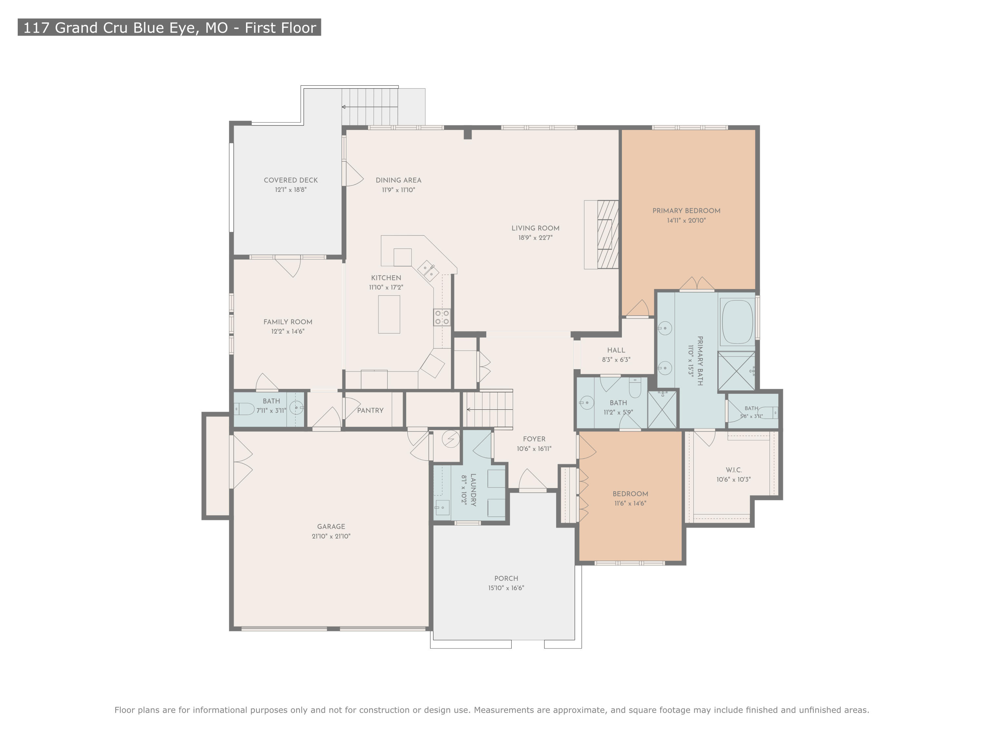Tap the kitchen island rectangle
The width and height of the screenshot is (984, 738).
click(x=389, y=315)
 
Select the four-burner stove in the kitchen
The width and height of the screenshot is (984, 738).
click(x=442, y=317)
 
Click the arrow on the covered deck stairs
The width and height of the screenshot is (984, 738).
click(x=369, y=107)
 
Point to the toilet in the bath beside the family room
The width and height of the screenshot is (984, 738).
click(x=244, y=408)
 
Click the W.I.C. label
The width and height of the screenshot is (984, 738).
click(x=733, y=470)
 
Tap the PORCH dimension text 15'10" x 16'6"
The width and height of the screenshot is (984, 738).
click(x=506, y=588)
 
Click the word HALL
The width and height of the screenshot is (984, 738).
click(x=616, y=350)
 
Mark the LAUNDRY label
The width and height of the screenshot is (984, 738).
click(x=473, y=490)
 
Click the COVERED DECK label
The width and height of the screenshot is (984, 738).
click(x=291, y=180)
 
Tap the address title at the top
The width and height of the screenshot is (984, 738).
click(x=170, y=28)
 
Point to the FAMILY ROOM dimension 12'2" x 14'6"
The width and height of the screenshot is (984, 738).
click(x=288, y=331)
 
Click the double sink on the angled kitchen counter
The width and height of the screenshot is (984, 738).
click(x=428, y=271)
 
